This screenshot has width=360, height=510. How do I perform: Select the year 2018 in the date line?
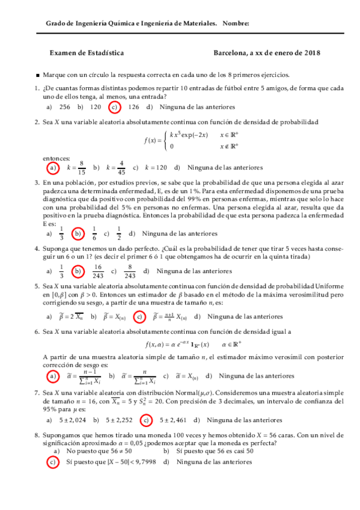click(x=312, y=52)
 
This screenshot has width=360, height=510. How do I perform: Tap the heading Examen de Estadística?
click(x=87, y=52)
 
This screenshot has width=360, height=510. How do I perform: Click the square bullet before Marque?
click(x=38, y=75)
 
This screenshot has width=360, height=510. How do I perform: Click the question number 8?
click(x=37, y=435)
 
